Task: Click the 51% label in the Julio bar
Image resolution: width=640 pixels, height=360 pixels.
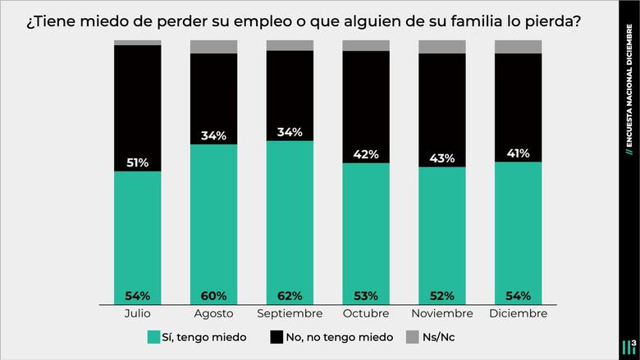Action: [x=137, y=163]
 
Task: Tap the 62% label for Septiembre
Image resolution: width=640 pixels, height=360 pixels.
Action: [x=290, y=295]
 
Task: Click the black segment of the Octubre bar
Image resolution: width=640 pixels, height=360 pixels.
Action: [x=366, y=98]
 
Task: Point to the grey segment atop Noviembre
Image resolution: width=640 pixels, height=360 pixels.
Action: [x=441, y=47]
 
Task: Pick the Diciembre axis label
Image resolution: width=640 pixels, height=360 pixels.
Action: [x=518, y=314]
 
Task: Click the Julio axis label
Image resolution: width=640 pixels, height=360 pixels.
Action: [x=137, y=314]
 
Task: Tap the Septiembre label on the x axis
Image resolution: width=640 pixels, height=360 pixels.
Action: [x=290, y=314]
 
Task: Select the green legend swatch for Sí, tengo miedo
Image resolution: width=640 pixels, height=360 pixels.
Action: [x=153, y=337]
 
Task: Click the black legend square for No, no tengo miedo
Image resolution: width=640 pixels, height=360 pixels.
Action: [x=277, y=337]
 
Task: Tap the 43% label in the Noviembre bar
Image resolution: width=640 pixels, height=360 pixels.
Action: [x=442, y=158]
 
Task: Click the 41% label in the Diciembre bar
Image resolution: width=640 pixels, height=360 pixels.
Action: [x=518, y=153]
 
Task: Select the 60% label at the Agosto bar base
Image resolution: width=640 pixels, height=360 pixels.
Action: [x=213, y=295]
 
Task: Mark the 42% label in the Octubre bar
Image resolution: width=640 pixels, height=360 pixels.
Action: [x=366, y=155]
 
